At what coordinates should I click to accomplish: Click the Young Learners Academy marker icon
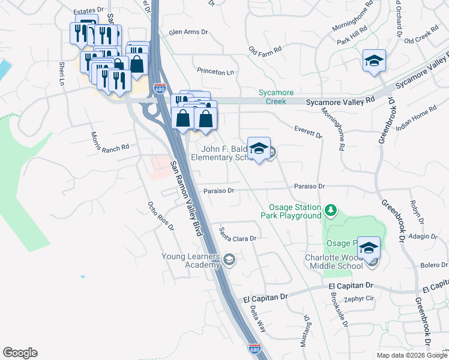[x=229, y=260]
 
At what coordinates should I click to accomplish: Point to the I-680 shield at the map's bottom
[x=255, y=349]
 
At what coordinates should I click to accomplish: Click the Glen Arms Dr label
[x=188, y=32]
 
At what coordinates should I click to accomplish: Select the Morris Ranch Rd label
[x=110, y=142]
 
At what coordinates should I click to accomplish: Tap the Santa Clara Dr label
[x=238, y=234]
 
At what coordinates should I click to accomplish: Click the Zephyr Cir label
[x=359, y=298]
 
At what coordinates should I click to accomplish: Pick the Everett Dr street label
[x=309, y=132]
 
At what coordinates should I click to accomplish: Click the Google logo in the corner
[x=20, y=353]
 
